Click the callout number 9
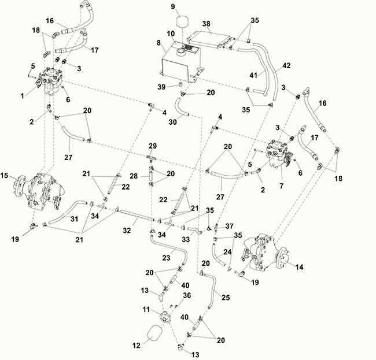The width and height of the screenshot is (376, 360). pyautogui.click(x=173, y=6)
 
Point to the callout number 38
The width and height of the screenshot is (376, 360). pyautogui.click(x=206, y=24)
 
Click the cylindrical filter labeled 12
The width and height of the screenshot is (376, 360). pyautogui.click(x=154, y=333)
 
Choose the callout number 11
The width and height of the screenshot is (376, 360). pyautogui.click(x=146, y=310)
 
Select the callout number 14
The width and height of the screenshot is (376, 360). pyautogui.click(x=299, y=267)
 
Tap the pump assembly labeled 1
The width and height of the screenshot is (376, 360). pyautogui.click(x=51, y=80)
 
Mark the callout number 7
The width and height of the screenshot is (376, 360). pyautogui.click(x=281, y=185)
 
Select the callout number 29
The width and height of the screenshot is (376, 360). pyautogui.click(x=153, y=146)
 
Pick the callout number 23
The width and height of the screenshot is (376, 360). pyautogui.click(x=166, y=258)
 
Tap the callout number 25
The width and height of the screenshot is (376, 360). pyautogui.click(x=226, y=297)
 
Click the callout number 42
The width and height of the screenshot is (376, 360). pyautogui.click(x=286, y=65)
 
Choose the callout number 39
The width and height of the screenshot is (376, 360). pyautogui.click(x=161, y=87)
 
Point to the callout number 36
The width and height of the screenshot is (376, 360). pyautogui.click(x=187, y=295)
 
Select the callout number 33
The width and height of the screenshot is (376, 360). pyautogui.click(x=186, y=239)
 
